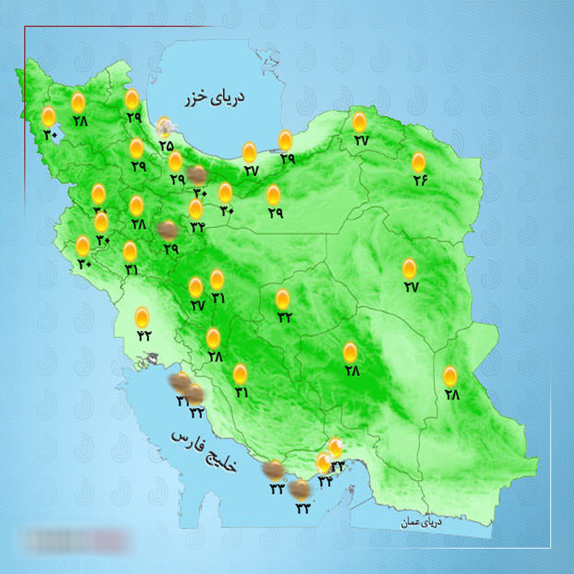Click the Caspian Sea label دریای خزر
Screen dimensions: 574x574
pos(215,98)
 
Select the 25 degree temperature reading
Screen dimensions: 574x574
pos(166,145)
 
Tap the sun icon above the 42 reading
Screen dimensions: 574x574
pos(142,317)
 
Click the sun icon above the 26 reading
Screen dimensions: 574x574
pos(418,161)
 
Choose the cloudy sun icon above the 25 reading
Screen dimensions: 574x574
pos(165,126)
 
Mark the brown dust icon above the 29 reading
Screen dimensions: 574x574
pos(168,230)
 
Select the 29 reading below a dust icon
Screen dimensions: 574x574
pos(171,249)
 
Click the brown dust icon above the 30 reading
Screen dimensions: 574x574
pos(197,174)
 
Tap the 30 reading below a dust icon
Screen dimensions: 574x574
pos(200,193)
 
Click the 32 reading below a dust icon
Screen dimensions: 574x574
pos(197,413)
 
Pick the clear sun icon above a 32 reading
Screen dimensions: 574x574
pos(282,299)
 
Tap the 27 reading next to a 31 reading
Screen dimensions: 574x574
pos(197,305)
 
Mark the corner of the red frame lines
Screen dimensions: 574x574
pos(25,27)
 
